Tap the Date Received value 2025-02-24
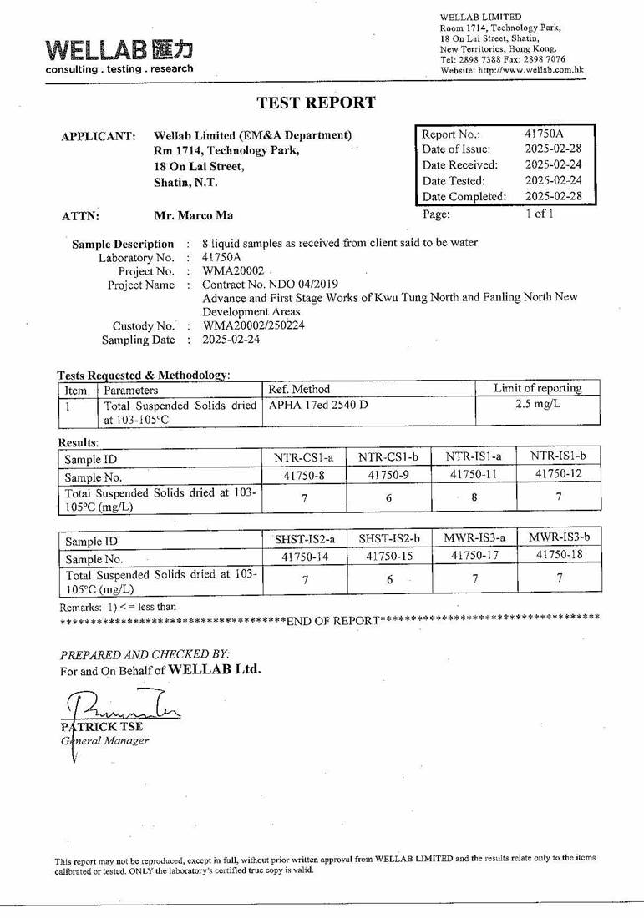click(553, 164)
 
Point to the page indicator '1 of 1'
click(539, 214)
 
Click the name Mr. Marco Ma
click(194, 215)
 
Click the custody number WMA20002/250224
click(254, 325)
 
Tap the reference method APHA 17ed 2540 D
click(318, 405)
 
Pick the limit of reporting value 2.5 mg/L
click(538, 404)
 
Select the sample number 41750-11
click(474, 474)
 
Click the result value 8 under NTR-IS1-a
click(474, 498)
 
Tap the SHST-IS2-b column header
click(389, 539)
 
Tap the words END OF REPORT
click(332, 620)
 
